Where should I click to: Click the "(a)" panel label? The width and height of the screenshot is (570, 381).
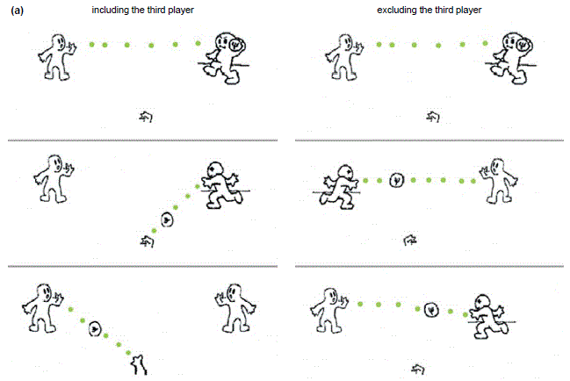point(17,11)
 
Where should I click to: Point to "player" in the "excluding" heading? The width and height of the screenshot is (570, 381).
point(469,11)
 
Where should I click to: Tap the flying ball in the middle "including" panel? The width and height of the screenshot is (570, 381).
point(167,219)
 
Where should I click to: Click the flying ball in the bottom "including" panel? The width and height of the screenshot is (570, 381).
point(95,328)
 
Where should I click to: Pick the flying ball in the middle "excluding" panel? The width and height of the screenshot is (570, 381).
point(397,180)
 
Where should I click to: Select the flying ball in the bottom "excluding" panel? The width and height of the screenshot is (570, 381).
point(431,310)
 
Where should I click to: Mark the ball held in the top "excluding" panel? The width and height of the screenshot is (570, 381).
point(522,45)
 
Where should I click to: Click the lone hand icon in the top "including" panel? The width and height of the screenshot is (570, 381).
point(146,117)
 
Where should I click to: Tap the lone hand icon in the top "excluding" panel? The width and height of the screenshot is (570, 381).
point(433,117)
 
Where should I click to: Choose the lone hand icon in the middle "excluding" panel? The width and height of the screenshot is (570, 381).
point(410,240)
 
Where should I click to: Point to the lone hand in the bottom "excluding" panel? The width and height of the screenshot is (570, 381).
point(418,370)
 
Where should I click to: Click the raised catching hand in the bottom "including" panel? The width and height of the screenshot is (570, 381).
point(140,364)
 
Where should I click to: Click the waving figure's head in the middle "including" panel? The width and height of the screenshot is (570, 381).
point(55,164)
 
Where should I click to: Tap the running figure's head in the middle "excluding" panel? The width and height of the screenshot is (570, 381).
point(344,173)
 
